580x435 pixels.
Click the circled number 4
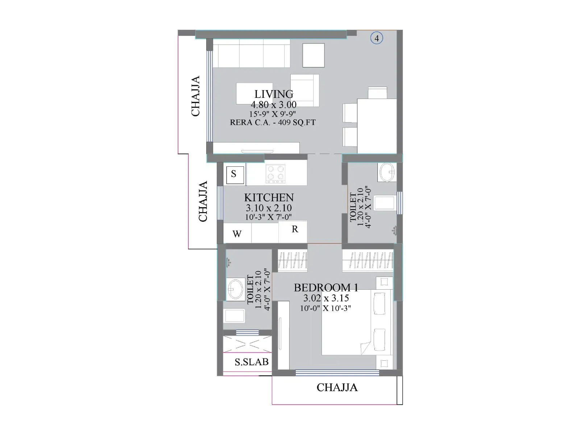pos(377,38)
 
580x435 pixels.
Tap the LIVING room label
pos(274,94)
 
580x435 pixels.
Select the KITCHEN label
pos(269,198)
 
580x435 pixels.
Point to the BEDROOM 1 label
pos(326,287)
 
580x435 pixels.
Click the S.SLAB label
pos(252,362)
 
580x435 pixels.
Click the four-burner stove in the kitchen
pos(275,174)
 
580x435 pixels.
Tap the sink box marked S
pos(235,175)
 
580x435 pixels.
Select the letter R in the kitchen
pos(295,229)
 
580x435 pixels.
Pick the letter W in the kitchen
pos(237,234)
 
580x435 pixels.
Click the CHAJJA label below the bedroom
pos(337,388)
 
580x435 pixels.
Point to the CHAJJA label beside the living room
pos(195,96)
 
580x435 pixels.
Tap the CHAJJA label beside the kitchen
pos(203,201)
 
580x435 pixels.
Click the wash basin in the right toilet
pos(387,172)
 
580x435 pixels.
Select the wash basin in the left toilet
pos(235,289)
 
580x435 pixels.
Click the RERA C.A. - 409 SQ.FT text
pos(273,123)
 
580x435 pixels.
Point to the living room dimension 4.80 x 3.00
pos(273,105)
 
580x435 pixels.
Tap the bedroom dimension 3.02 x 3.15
pos(326,298)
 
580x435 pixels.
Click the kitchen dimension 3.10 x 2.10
pos(269,208)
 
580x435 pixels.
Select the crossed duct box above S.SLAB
pos(247,344)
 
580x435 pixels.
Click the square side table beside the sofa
pos(314,55)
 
